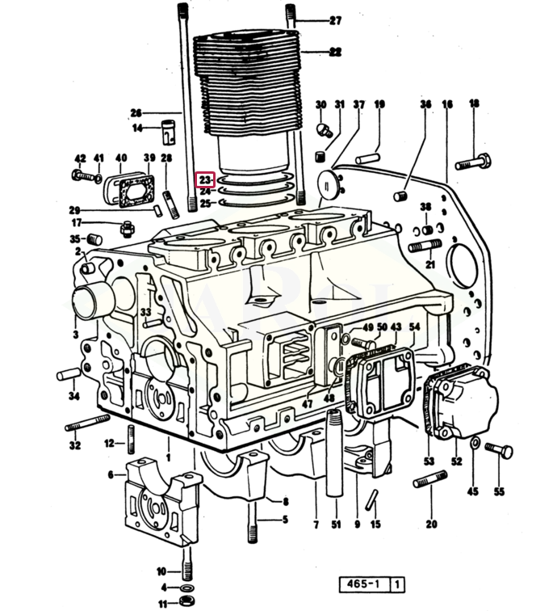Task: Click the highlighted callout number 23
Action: click(205, 179)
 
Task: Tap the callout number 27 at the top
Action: click(335, 21)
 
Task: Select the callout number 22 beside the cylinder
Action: click(335, 51)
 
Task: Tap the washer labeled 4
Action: click(186, 587)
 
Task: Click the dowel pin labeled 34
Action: click(69, 374)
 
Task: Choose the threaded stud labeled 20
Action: click(429, 482)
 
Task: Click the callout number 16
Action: click(447, 104)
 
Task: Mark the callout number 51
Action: click(335, 525)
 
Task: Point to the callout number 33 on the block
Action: click(145, 312)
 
